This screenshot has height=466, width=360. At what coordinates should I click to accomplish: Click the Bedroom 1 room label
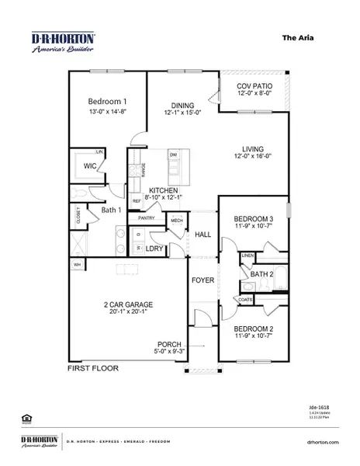pyautogui.click(x=108, y=103)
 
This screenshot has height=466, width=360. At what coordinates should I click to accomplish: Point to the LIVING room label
pyautogui.click(x=254, y=148)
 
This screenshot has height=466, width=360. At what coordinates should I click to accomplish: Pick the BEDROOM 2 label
pyautogui.click(x=254, y=329)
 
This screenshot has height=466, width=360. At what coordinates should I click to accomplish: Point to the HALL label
pyautogui.click(x=203, y=235)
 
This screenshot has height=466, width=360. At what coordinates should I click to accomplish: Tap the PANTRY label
pyautogui.click(x=147, y=218)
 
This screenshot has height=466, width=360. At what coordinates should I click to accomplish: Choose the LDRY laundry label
pyautogui.click(x=154, y=249)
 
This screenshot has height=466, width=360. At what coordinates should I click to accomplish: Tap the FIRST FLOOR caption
pyautogui.click(x=93, y=368)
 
